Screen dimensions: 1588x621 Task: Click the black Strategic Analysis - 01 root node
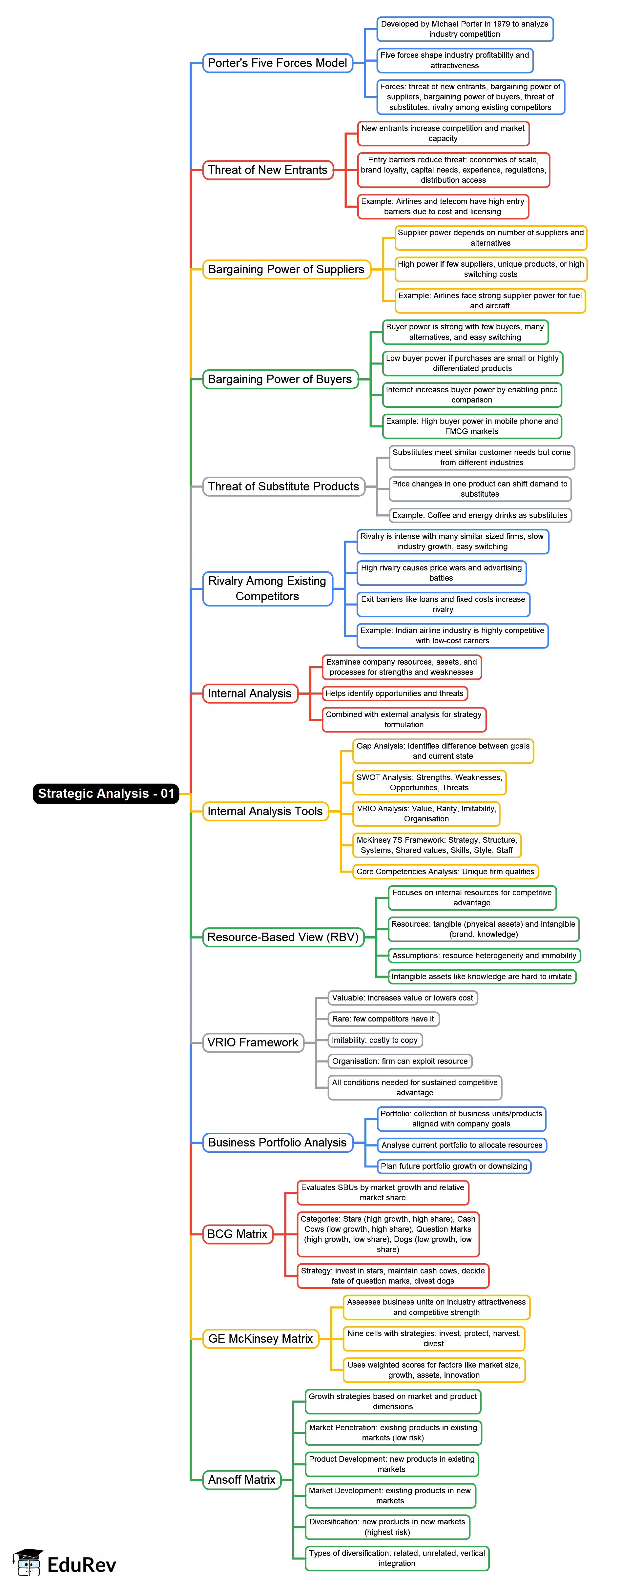coord(106,794)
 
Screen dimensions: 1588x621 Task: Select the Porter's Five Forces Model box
coord(278,63)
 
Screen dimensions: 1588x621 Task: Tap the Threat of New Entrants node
coord(268,170)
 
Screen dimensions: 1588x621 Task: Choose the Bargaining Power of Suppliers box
coord(286,269)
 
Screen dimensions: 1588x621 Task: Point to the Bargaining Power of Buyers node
coord(280,379)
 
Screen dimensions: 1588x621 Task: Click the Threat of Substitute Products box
coord(284,486)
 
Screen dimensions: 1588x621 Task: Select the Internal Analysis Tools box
coord(265,811)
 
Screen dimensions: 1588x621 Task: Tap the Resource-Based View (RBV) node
coord(283,937)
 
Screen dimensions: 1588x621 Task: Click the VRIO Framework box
coord(253,1042)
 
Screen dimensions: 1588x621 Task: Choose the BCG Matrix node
coord(238,1233)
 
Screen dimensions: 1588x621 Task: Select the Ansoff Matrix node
coord(242,1479)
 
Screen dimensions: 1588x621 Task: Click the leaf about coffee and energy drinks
coord(480,515)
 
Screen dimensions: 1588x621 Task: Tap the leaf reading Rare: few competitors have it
coord(383,1019)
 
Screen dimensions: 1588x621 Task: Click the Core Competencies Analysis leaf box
coord(445,872)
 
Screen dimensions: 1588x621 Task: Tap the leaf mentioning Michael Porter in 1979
coord(465,29)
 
